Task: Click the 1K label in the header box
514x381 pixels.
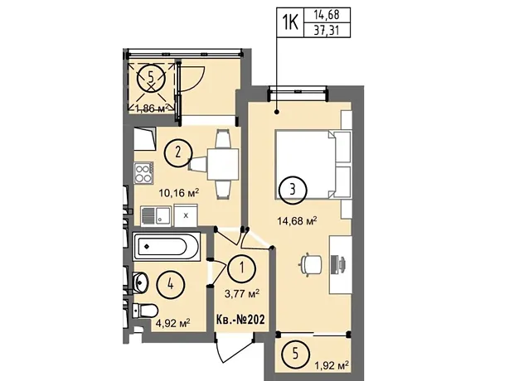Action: (x=290, y=22)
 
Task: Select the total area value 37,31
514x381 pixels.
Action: (x=327, y=31)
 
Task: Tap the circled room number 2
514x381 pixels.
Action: (x=178, y=153)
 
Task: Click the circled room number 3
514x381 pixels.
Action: (x=293, y=190)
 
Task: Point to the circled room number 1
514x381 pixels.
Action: (x=242, y=268)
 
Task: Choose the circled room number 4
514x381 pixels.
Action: (x=171, y=285)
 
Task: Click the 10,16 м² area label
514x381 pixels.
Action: (x=179, y=193)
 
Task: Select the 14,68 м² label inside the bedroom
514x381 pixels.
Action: (x=297, y=220)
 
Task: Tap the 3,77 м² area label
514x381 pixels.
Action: (x=242, y=293)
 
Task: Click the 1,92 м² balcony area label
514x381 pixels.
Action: (x=331, y=364)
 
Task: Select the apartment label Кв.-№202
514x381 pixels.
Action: (x=240, y=319)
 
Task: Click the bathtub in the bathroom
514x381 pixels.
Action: (x=166, y=246)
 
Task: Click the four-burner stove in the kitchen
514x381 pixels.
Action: (x=144, y=173)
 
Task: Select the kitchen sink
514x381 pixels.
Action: (x=156, y=216)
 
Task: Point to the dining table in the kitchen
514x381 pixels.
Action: (x=222, y=164)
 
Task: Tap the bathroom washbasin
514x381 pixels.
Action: (x=140, y=282)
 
